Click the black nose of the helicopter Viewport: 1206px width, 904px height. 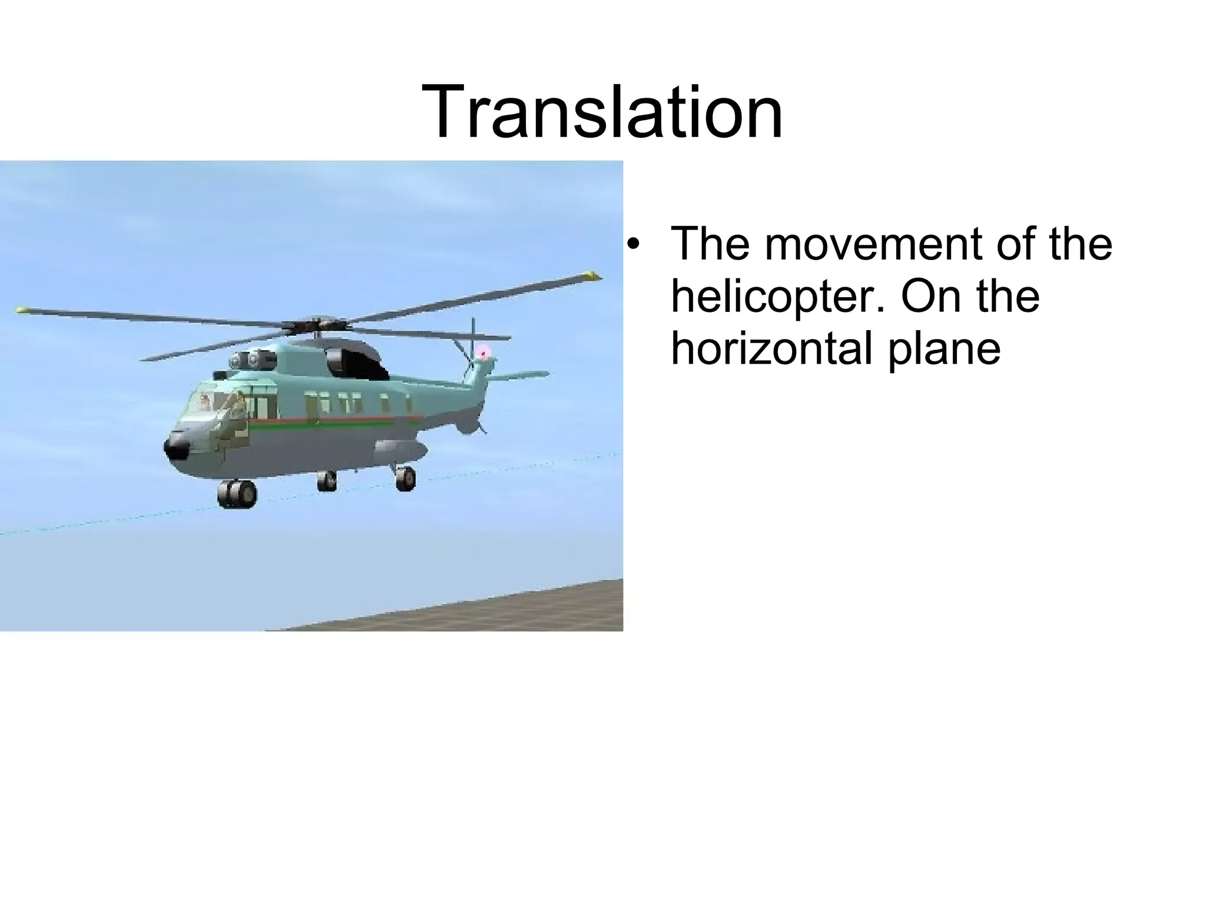[176, 447]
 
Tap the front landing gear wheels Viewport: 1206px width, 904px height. [237, 493]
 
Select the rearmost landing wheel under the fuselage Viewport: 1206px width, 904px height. [405, 477]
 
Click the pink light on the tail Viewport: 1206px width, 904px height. [483, 353]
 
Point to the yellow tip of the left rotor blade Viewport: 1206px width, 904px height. [22, 308]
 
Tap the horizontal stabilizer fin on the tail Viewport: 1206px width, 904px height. [518, 375]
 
